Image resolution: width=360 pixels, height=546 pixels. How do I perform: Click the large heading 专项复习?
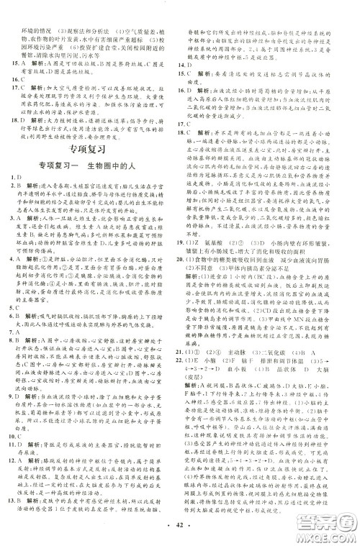coord(89,150)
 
